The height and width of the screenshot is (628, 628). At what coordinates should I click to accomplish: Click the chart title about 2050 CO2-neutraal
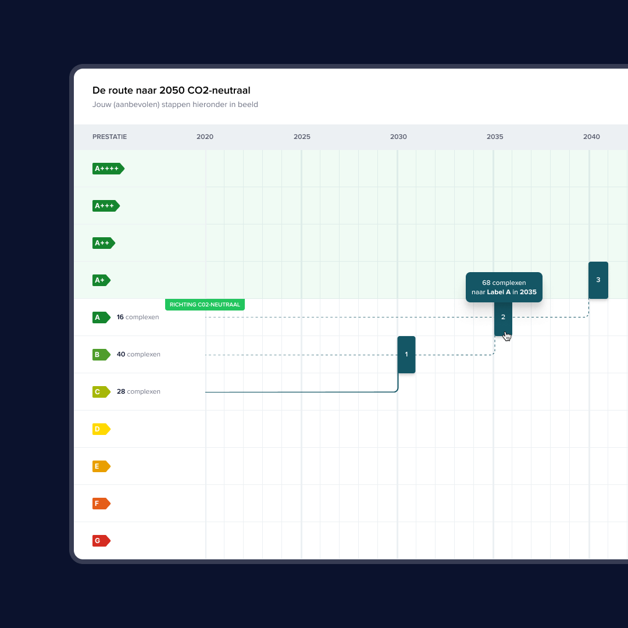[x=171, y=90]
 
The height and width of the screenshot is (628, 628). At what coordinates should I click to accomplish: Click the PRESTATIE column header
[x=109, y=137]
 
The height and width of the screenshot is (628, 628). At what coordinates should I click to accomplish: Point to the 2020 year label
[x=205, y=137]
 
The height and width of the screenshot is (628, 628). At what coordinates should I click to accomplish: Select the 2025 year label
[x=302, y=137]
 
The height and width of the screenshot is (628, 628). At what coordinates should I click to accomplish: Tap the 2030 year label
[x=398, y=137]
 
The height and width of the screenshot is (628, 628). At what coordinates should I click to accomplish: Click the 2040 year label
[x=591, y=137]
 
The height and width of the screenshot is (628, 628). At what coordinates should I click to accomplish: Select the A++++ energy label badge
[x=108, y=169]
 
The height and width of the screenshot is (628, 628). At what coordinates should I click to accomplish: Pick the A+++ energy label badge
[x=106, y=206]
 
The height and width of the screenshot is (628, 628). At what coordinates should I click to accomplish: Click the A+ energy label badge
[x=101, y=280]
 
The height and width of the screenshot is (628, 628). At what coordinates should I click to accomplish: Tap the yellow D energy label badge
[x=101, y=429]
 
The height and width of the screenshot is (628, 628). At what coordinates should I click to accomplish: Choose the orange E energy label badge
[x=101, y=466]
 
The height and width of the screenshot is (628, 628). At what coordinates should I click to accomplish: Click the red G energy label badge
[x=101, y=541]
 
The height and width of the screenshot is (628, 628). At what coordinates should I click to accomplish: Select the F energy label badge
[x=101, y=504]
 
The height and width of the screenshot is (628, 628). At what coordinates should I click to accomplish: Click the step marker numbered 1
[x=406, y=355]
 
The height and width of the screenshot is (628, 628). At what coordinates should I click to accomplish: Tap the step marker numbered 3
[x=598, y=280]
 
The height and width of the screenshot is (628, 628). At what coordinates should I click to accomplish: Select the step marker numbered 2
[x=503, y=319]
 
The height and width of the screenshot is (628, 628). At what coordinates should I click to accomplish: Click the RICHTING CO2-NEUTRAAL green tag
[x=205, y=304]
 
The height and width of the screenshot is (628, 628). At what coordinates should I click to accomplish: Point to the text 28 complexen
[x=138, y=391]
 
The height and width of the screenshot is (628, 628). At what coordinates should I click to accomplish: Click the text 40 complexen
[x=138, y=354]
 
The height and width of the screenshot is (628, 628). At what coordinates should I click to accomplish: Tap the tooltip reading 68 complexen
[x=504, y=287]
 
